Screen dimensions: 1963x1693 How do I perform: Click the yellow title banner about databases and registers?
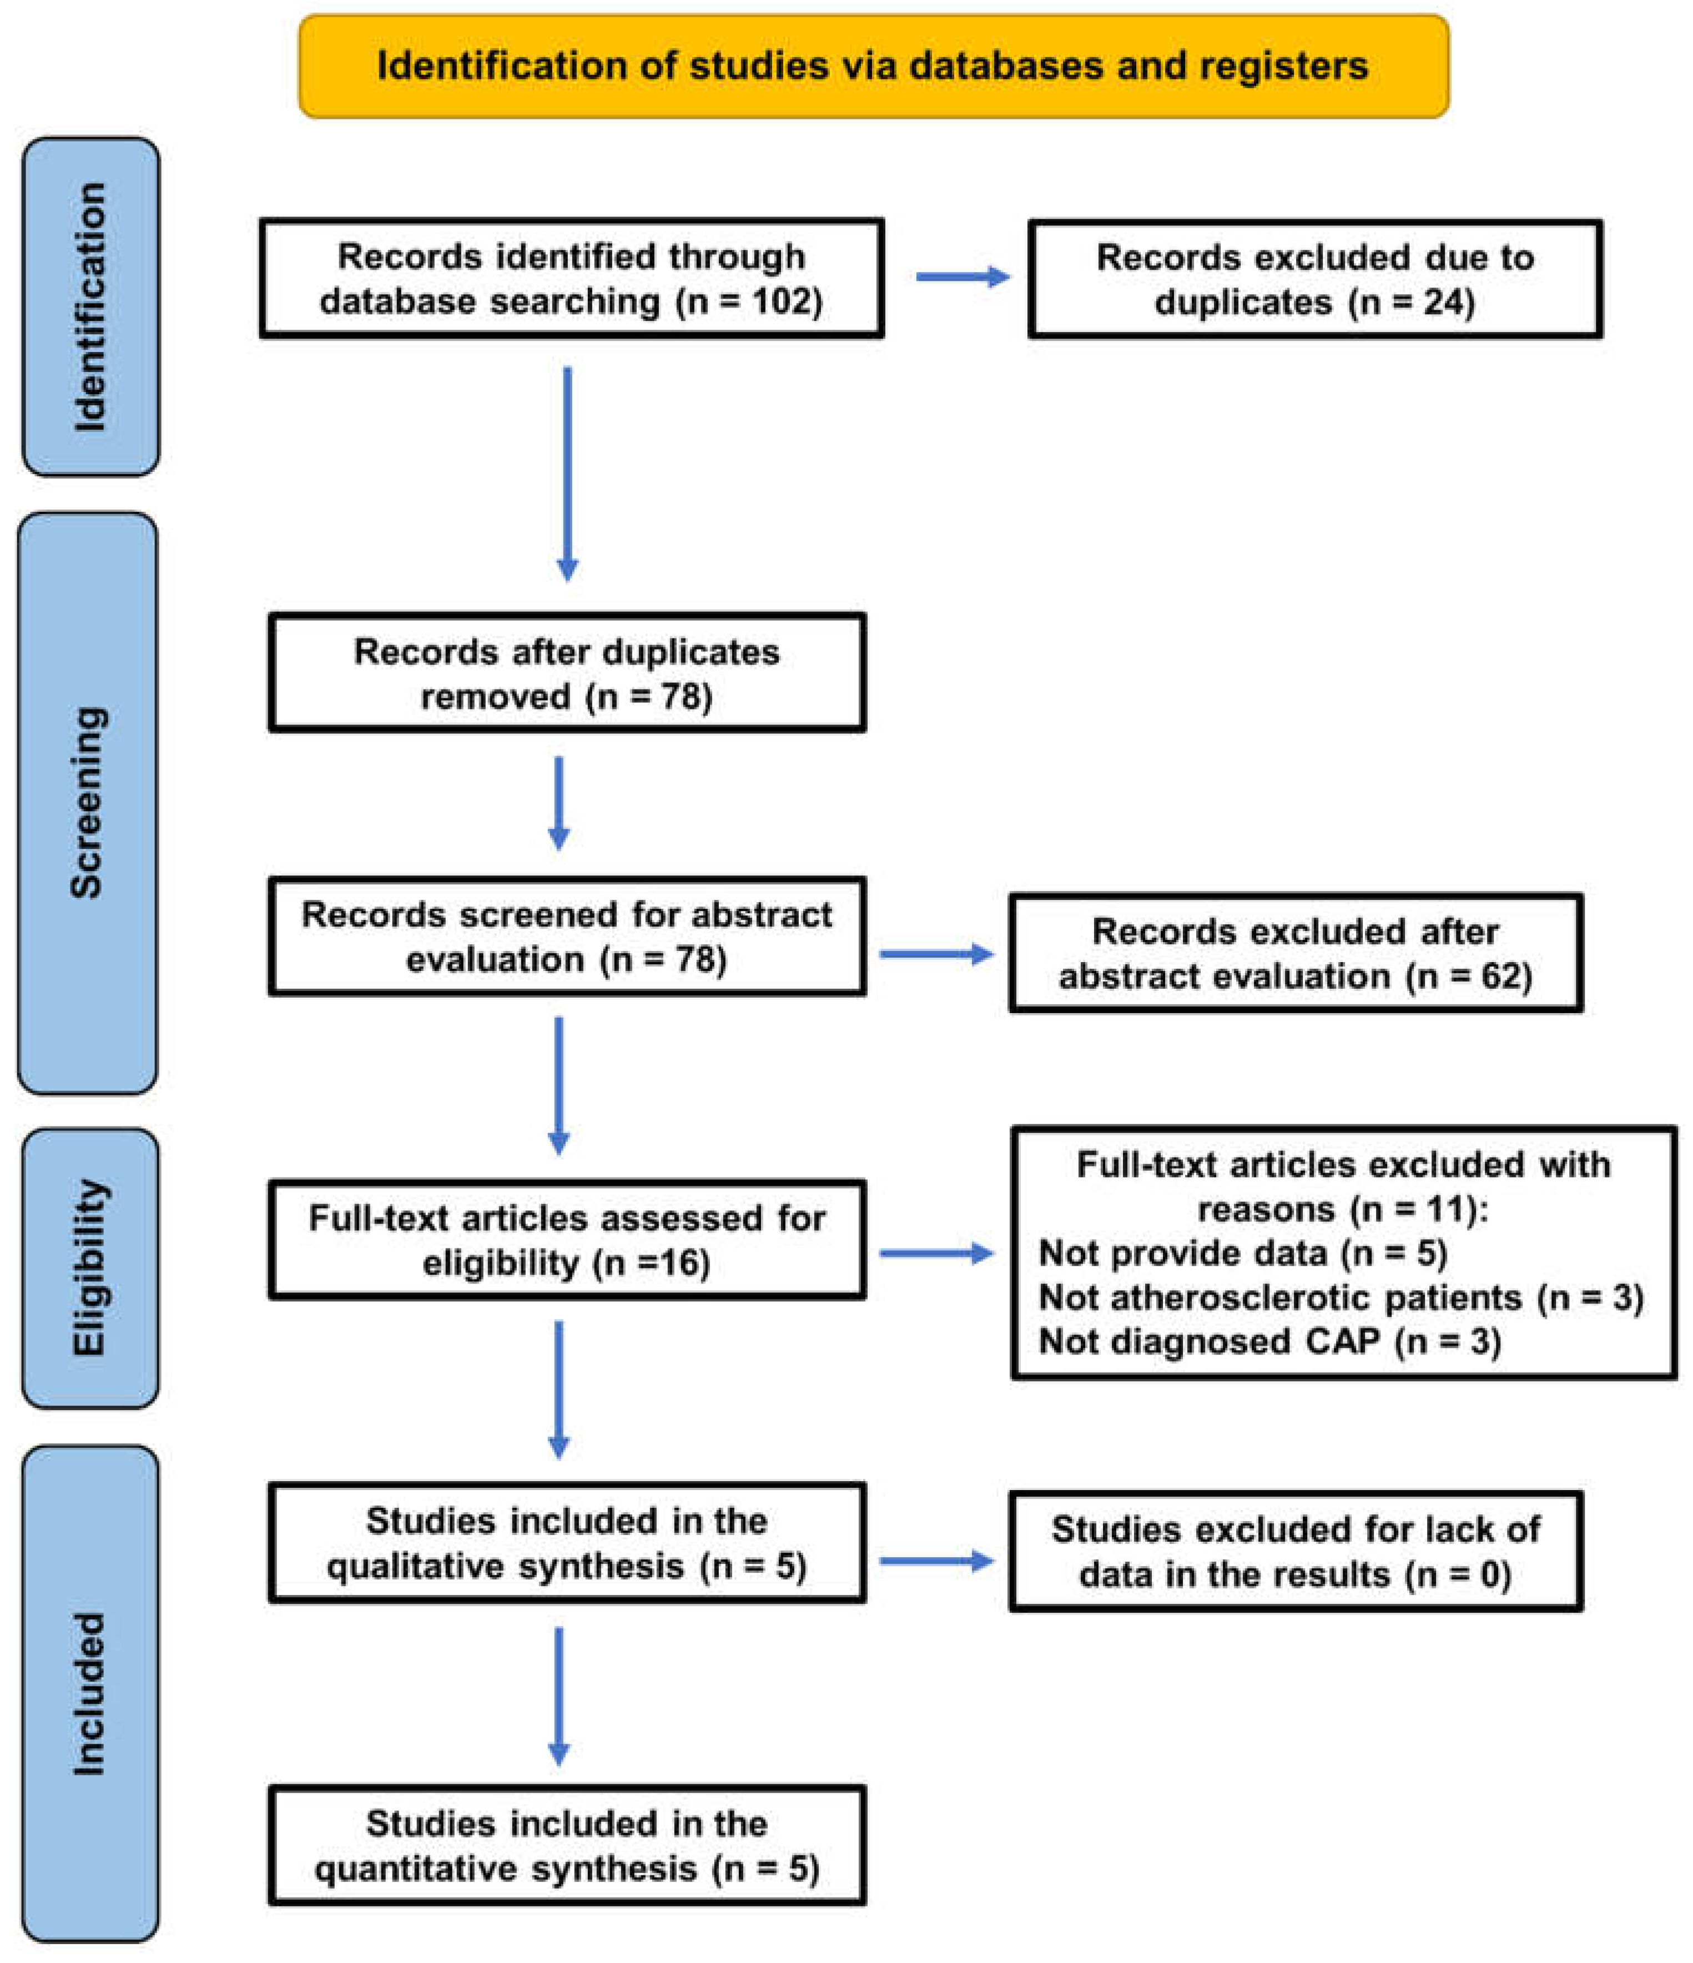coord(873,66)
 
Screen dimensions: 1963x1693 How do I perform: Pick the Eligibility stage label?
coord(90,1267)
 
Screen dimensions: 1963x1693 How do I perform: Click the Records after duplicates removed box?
coord(567,673)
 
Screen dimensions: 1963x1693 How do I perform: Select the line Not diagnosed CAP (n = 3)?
coord(1269,1341)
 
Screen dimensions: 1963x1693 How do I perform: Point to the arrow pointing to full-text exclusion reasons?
coord(935,1254)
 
